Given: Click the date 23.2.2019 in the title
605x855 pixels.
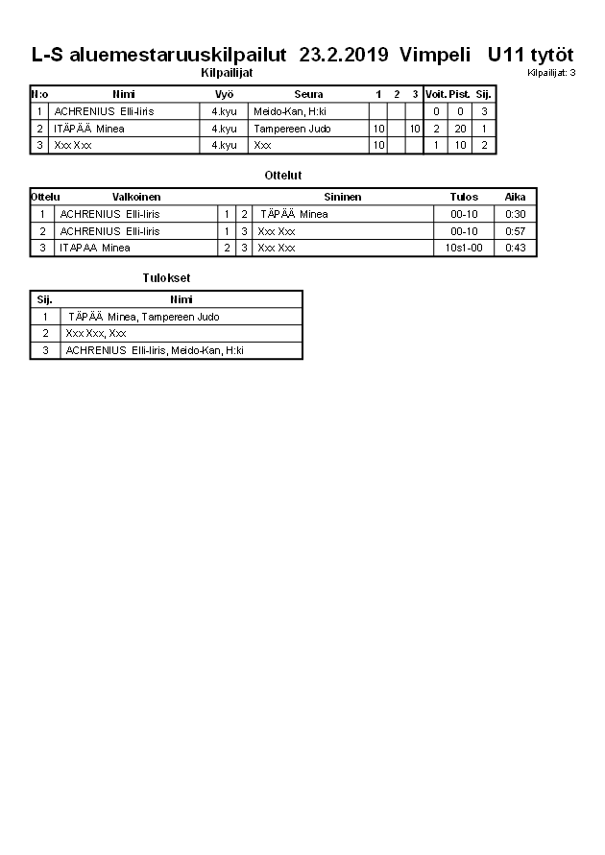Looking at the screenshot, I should pos(344,55).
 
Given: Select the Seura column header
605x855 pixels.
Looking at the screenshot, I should pos(308,94).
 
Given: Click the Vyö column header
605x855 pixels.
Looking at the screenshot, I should pos(224,94).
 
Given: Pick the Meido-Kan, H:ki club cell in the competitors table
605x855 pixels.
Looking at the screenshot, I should pos(290,111).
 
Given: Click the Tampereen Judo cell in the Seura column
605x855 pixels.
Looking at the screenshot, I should pos(292,129).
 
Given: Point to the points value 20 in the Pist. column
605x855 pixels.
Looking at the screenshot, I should pos(460,129).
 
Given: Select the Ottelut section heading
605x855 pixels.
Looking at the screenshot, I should pos(283,176).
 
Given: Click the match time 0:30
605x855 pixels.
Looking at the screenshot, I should pos(516,214).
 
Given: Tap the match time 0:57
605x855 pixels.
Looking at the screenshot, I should pos(516,231).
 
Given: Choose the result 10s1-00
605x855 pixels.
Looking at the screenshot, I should pos(464,248).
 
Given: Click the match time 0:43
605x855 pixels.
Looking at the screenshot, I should pos(516,248).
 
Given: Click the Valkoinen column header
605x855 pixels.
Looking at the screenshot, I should pos(136,197).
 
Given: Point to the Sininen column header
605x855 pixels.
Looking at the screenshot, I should pos(343,197).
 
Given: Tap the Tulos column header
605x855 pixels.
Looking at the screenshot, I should pos(464,197).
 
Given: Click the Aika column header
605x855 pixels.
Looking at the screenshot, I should pos(516,197).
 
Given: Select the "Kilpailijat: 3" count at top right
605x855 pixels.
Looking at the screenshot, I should pos(551,73).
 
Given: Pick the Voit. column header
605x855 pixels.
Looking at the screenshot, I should pos(435,94).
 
